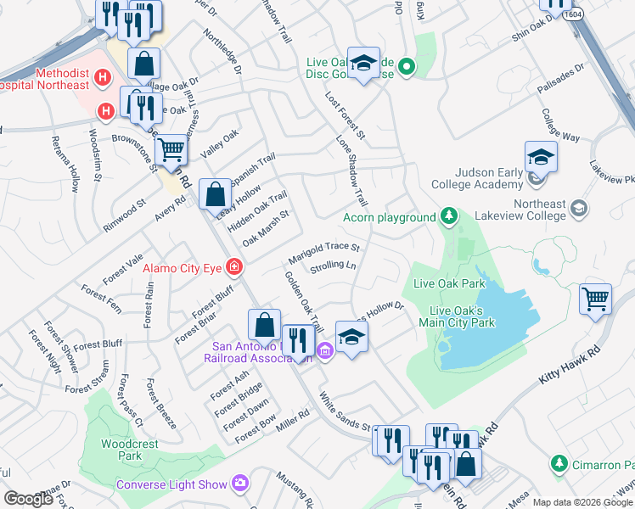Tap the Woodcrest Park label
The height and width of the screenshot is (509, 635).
point(118,450)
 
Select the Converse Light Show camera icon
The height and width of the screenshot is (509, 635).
point(240,484)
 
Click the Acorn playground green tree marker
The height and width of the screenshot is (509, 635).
point(448,218)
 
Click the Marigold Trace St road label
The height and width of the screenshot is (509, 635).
point(324,247)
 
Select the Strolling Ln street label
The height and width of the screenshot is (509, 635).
point(333,266)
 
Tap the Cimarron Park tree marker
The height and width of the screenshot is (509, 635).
point(559,464)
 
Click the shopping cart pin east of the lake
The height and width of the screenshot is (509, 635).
point(596,299)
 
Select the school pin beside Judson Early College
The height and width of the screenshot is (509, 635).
point(540,157)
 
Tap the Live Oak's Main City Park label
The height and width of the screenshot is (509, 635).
point(462,316)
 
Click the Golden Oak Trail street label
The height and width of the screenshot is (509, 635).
point(305,301)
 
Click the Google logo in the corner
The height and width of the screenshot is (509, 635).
point(28,499)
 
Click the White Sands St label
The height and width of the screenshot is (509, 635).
point(346,410)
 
